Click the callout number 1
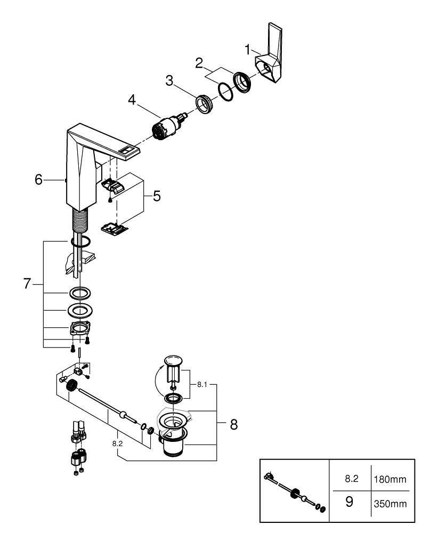[247, 50]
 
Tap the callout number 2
[199, 64]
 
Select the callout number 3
[169, 81]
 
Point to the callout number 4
[132, 100]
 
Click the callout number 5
[156, 196]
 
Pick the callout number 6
[38, 180]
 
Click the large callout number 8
[233, 424]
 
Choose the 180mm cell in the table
[390, 479]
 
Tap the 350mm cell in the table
[390, 503]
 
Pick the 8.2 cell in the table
[351, 479]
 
